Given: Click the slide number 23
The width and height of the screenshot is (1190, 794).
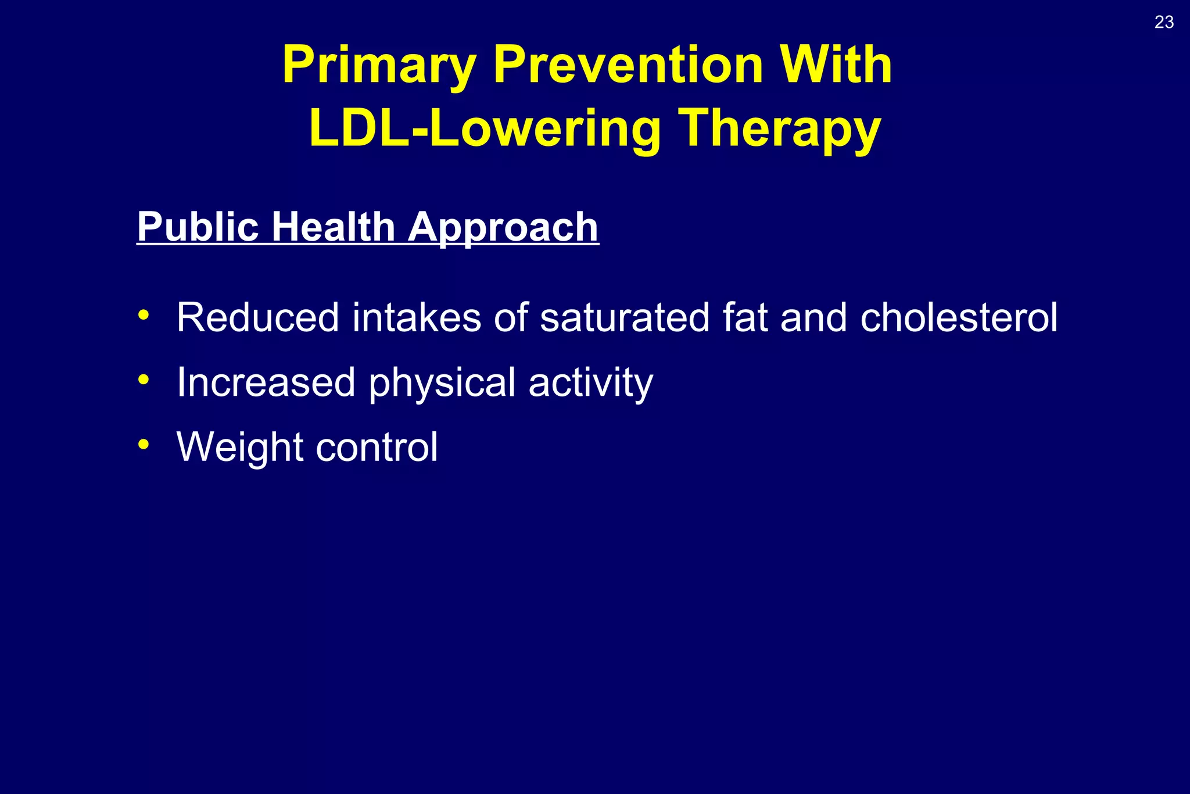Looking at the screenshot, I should [1164, 22].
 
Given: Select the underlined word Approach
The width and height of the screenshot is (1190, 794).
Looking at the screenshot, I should [503, 228].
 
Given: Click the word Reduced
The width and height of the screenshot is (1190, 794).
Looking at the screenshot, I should [257, 317].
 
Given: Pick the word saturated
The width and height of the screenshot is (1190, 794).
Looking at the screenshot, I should [625, 319].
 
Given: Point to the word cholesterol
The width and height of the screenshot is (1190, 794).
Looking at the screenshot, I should [959, 317].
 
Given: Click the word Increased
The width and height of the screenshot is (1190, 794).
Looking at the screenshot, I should [266, 382].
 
